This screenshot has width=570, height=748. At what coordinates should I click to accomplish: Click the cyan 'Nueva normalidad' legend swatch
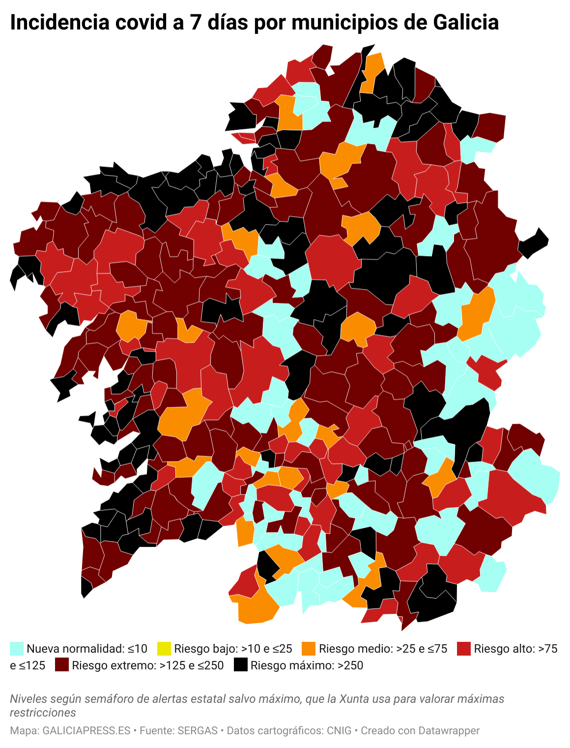(x=17, y=648)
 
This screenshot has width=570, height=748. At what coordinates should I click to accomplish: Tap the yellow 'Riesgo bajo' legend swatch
(x=164, y=648)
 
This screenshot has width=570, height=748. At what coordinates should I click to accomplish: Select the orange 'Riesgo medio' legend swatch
(x=309, y=648)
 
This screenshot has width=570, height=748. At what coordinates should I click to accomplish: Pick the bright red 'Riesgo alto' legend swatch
(x=463, y=648)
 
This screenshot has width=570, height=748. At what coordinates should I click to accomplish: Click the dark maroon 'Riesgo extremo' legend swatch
(x=61, y=665)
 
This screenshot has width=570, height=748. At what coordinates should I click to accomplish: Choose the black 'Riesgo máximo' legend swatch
(x=240, y=665)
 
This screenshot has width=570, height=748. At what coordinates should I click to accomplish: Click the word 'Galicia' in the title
(x=466, y=23)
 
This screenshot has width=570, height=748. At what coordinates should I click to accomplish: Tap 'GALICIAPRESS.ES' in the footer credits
(x=86, y=730)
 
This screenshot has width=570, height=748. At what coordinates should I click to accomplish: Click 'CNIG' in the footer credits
(x=339, y=730)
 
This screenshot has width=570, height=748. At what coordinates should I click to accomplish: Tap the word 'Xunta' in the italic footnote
(x=354, y=698)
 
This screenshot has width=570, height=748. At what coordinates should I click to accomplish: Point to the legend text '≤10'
(x=137, y=648)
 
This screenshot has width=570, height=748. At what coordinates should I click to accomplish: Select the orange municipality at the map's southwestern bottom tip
(x=256, y=607)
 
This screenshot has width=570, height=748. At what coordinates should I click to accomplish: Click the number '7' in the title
(x=197, y=23)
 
